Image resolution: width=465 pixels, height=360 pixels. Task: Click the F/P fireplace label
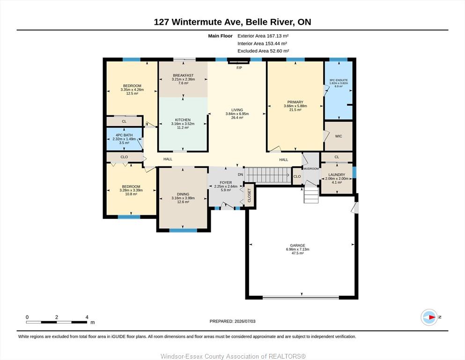(239, 68)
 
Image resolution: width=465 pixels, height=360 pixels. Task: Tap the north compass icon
(429, 317)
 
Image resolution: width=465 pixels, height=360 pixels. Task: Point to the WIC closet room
(339, 136)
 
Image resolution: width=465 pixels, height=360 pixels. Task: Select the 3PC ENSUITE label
(339, 80)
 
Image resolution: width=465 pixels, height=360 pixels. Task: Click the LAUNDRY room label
(337, 175)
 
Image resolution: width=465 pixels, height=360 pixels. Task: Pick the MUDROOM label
(311, 169)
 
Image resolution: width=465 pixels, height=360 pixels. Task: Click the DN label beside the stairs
(240, 174)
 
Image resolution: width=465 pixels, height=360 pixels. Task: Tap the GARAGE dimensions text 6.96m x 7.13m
(297, 249)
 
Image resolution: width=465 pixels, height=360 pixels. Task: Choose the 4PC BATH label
(124, 135)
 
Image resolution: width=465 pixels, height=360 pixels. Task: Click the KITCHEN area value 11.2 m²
(183, 127)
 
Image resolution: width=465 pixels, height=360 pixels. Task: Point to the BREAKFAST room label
(183, 75)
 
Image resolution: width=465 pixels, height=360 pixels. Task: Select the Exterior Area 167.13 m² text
(263, 36)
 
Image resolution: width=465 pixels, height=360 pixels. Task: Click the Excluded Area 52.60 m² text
(263, 51)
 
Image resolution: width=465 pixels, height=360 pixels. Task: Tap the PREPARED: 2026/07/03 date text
(232, 321)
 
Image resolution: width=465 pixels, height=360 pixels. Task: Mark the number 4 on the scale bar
(87, 317)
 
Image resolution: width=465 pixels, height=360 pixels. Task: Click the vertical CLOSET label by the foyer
(249, 195)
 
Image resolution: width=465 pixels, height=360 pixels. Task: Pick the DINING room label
(183, 194)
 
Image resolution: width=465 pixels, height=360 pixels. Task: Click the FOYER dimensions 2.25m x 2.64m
(226, 187)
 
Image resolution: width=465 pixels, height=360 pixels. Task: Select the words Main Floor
(220, 36)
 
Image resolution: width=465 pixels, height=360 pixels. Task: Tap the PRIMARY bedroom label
(295, 102)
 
